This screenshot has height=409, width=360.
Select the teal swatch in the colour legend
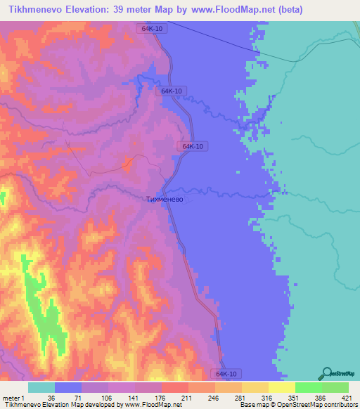click(41, 387)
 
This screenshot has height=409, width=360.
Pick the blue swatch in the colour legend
click(67, 387)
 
